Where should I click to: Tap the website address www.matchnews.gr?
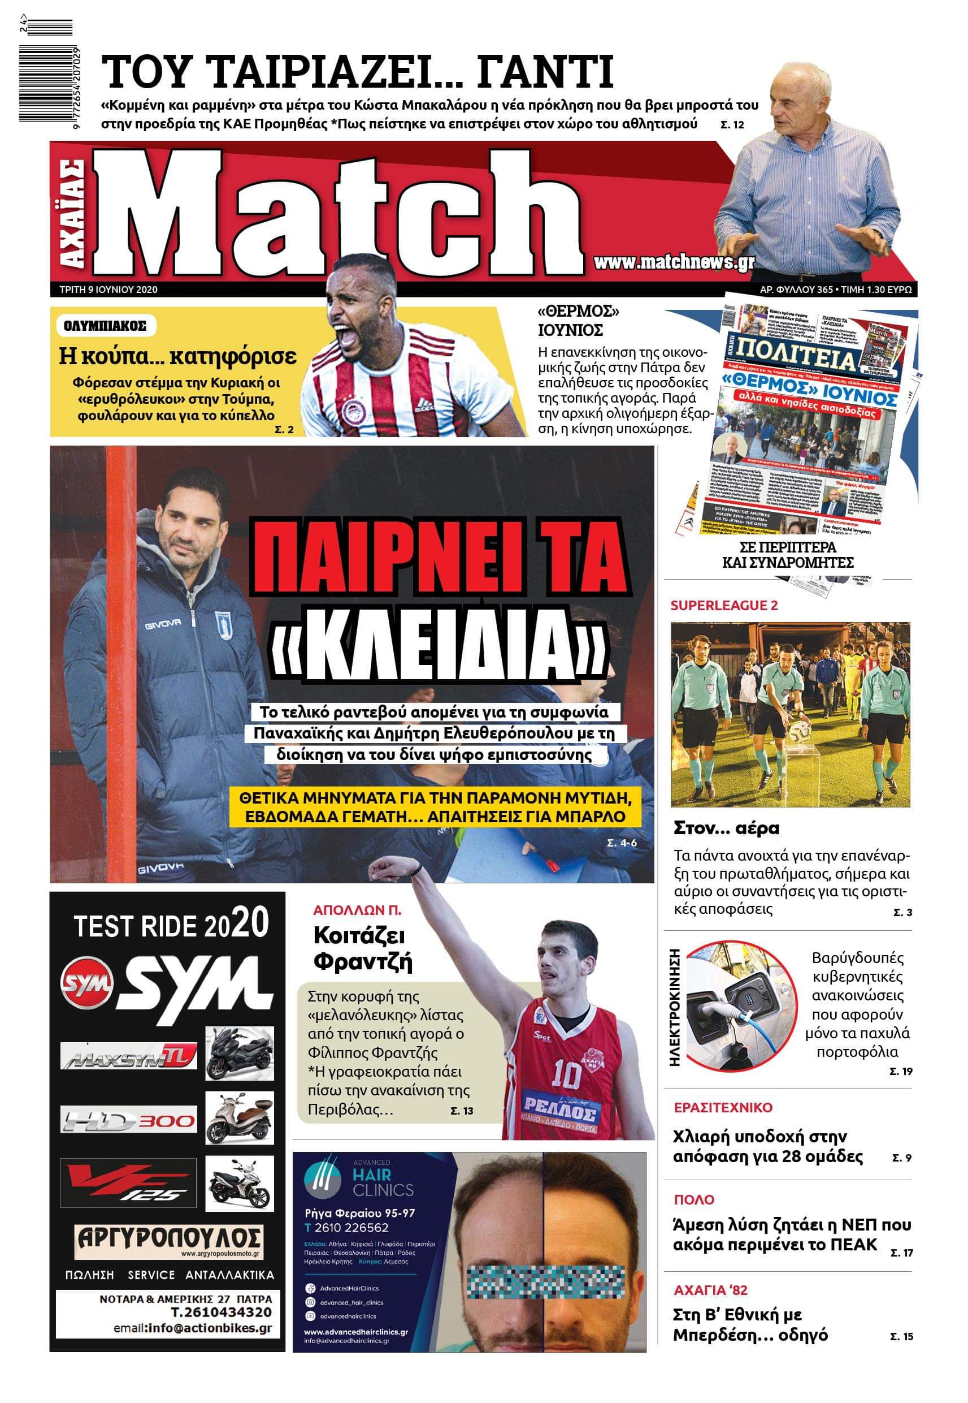point(673,262)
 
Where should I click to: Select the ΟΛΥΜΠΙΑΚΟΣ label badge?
point(105,326)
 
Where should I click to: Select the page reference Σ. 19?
point(900,1071)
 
